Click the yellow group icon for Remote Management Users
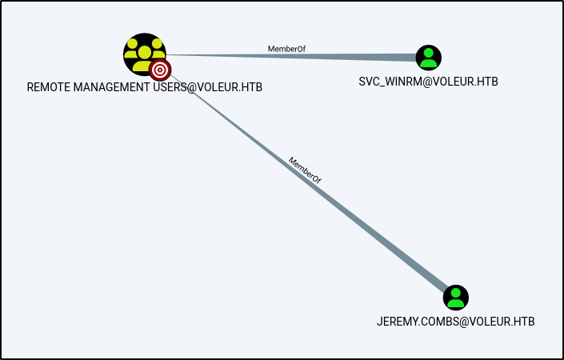point(143,52)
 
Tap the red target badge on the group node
point(160,70)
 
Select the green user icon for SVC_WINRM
point(429,57)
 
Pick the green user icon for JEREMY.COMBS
point(455,298)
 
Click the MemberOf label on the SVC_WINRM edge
point(286,50)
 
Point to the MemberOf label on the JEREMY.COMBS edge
point(305,171)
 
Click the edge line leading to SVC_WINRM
point(336,57)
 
